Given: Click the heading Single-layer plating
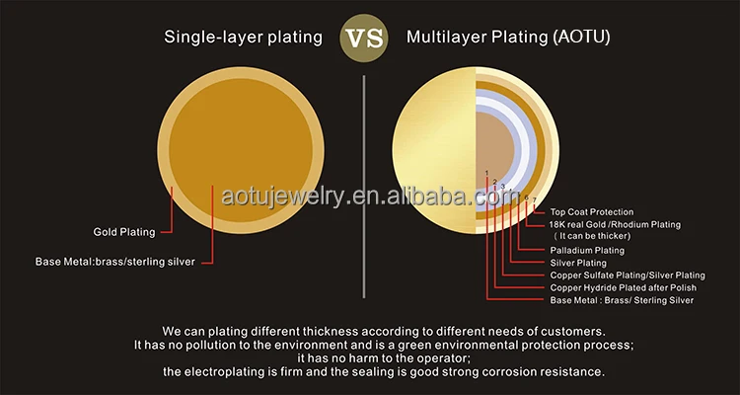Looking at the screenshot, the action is (x=243, y=38).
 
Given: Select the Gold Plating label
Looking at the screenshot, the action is (x=124, y=232).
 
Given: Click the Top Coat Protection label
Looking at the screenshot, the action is (x=592, y=212).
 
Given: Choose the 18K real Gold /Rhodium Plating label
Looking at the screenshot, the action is (x=615, y=225).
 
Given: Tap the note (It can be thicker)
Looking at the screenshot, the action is (x=591, y=237).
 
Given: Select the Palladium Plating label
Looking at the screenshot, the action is (x=587, y=251).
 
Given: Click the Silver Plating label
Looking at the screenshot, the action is (x=577, y=263).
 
